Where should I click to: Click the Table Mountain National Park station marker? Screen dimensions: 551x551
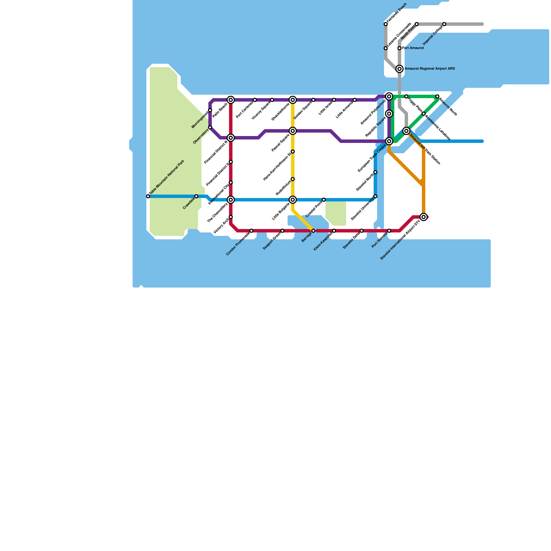pyautogui.click(x=148, y=196)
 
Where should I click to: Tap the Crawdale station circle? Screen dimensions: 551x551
pyautogui.click(x=196, y=196)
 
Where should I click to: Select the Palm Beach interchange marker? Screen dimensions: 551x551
pyautogui.click(x=231, y=100)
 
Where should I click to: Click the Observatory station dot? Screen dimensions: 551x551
pyautogui.click(x=210, y=127)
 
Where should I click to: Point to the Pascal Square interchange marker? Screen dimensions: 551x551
pyautogui.click(x=293, y=131)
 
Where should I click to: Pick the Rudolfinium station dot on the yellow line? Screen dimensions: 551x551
pyautogui.click(x=293, y=179)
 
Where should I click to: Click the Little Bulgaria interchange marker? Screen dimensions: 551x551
pyautogui.click(x=293, y=200)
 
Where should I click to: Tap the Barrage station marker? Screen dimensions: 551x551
pyautogui.click(x=313, y=231)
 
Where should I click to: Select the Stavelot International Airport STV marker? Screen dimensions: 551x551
pyautogui.click(x=424, y=217)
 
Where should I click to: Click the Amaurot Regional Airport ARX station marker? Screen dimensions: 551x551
pyautogui.click(x=399, y=69)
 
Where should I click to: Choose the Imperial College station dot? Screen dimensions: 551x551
pyautogui.click(x=444, y=24)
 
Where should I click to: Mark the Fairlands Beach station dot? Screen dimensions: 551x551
pyautogui.click(x=386, y=24)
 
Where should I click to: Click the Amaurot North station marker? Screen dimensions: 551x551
pyautogui.click(x=437, y=96)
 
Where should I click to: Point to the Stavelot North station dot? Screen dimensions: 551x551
pyautogui.click(x=375, y=172)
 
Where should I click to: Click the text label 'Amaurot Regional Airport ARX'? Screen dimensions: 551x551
pyautogui.click(x=429, y=69)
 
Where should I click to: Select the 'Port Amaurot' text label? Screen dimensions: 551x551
pyautogui.click(x=413, y=48)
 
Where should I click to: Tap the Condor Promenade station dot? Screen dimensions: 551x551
pyautogui.click(x=251, y=231)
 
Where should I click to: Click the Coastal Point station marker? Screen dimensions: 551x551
pyautogui.click(x=324, y=200)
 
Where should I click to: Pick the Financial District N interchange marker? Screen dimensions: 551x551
pyautogui.click(x=231, y=138)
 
